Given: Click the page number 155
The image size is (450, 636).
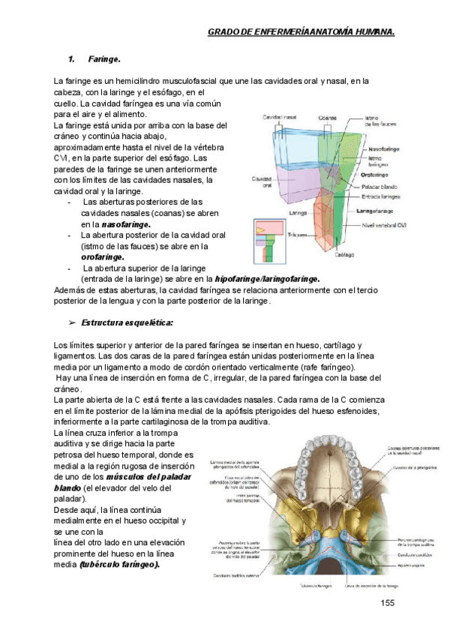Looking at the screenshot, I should coord(387,604).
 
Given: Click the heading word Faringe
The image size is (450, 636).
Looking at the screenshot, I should coord(104,58).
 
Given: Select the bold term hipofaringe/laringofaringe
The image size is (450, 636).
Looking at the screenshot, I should coord(267,278).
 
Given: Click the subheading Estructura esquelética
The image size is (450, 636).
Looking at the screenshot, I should coord(127,322).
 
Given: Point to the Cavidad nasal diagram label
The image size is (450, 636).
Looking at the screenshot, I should coord(280,118).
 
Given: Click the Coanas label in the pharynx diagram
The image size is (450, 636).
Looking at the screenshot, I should coord(326,118).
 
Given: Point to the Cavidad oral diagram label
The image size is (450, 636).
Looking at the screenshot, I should coord(262,182).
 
